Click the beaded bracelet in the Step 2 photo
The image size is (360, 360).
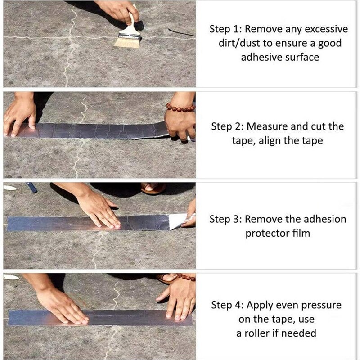click(180, 108)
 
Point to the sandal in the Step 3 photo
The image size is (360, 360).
click(153, 188)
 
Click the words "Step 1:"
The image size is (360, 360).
click(226, 30)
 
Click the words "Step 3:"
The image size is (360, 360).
click(226, 220)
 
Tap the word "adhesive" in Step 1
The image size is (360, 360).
click(260, 58)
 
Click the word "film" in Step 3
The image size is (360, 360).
click(302, 234)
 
